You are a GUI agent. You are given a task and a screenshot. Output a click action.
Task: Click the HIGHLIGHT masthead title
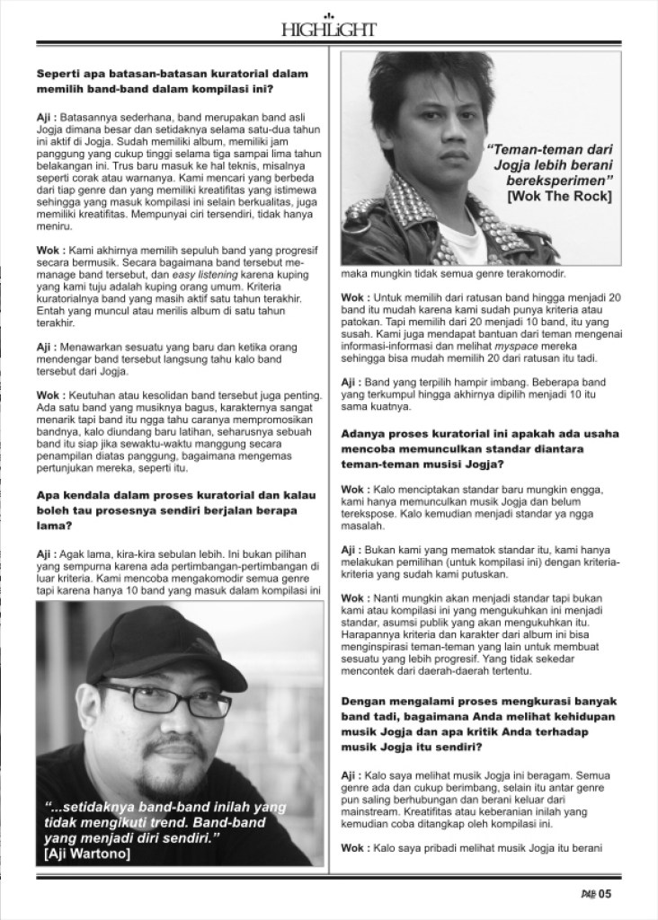(328, 30)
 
